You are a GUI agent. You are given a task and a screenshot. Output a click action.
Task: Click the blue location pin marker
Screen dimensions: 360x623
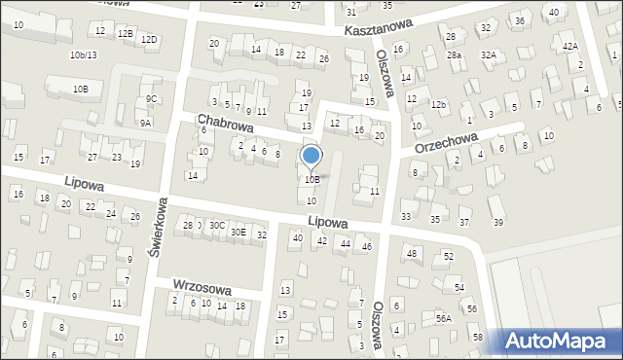[x=311, y=157]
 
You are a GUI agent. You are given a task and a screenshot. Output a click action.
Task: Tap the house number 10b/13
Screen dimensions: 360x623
[x=83, y=55]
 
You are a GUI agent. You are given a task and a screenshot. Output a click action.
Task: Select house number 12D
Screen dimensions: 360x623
[x=148, y=40]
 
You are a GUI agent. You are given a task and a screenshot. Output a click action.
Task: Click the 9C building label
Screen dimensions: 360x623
[x=150, y=99]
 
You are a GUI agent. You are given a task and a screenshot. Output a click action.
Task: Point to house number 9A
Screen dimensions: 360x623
[x=145, y=124]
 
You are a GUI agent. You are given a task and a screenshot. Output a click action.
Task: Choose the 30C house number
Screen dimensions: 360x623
[x=216, y=226]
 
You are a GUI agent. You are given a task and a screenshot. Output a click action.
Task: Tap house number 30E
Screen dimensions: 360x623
[x=238, y=233]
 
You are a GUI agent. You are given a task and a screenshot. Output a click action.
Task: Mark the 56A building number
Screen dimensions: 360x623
[x=443, y=318]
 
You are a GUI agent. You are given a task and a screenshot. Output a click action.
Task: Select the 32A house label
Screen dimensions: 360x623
[x=487, y=55]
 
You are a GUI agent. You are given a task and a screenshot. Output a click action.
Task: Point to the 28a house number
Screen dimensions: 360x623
[x=454, y=55]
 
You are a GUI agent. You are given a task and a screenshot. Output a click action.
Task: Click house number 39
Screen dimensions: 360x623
[x=498, y=223]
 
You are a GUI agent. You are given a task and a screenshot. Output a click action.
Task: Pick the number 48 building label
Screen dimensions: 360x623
[x=412, y=254]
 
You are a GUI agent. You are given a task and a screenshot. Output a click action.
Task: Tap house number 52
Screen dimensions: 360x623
[x=448, y=257]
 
